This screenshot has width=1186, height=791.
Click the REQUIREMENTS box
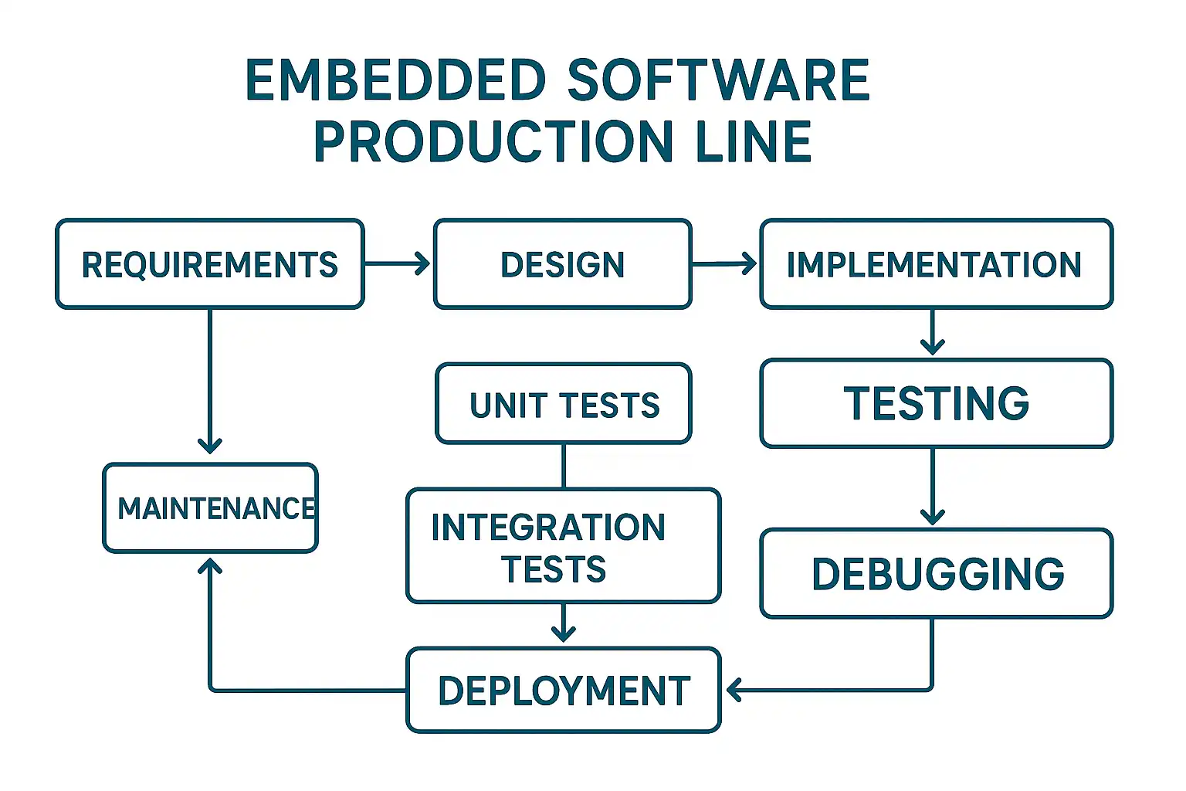tap(209, 264)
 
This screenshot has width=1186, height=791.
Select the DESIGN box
tap(562, 264)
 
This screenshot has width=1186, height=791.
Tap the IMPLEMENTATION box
tap(936, 264)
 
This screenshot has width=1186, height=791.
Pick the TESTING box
tap(936, 403)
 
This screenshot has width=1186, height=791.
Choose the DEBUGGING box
tap(936, 573)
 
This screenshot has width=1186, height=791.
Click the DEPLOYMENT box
tap(563, 690)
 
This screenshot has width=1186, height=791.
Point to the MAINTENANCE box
tap(210, 508)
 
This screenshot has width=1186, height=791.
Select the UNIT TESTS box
tap(563, 404)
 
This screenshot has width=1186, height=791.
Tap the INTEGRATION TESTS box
tap(563, 546)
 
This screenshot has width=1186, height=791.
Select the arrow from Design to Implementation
tap(725, 263)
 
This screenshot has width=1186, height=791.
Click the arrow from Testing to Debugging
tap(933, 487)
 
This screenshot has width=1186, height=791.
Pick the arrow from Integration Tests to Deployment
tap(564, 623)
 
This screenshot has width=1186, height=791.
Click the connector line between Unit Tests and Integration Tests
tap(564, 466)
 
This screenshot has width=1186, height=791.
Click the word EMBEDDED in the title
tap(395, 80)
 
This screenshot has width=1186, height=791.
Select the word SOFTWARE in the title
tap(718, 80)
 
